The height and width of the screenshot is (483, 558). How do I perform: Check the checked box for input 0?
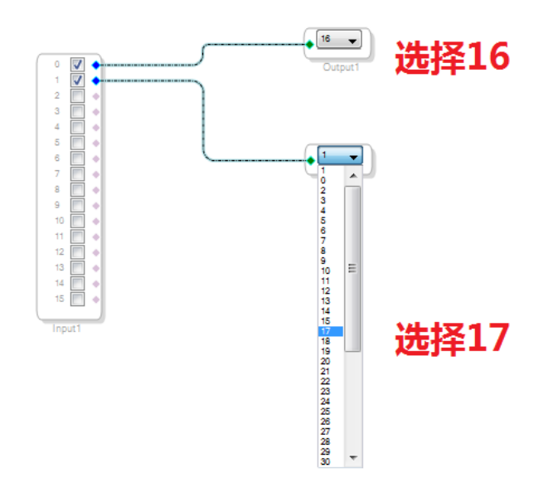(x=77, y=65)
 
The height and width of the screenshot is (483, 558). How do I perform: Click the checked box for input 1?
(x=77, y=80)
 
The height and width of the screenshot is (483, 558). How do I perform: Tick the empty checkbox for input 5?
(x=77, y=143)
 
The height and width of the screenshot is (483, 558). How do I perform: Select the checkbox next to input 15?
(x=77, y=299)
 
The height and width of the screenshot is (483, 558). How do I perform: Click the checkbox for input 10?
(x=77, y=221)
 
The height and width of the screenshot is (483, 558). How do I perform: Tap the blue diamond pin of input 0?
(x=96, y=65)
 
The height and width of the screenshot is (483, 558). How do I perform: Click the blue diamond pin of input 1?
(x=96, y=80)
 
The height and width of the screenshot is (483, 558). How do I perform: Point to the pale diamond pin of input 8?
(x=96, y=189)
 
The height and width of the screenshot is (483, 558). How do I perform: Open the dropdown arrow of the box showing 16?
(x=354, y=40)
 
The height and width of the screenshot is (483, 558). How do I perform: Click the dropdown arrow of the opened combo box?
(x=354, y=156)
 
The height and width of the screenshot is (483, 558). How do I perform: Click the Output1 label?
(x=341, y=66)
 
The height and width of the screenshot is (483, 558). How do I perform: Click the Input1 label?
(x=67, y=329)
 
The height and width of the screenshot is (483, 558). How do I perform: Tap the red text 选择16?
(x=451, y=57)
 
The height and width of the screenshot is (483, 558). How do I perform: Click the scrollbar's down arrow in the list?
(x=352, y=458)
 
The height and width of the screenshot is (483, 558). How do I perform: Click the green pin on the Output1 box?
(x=310, y=44)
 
